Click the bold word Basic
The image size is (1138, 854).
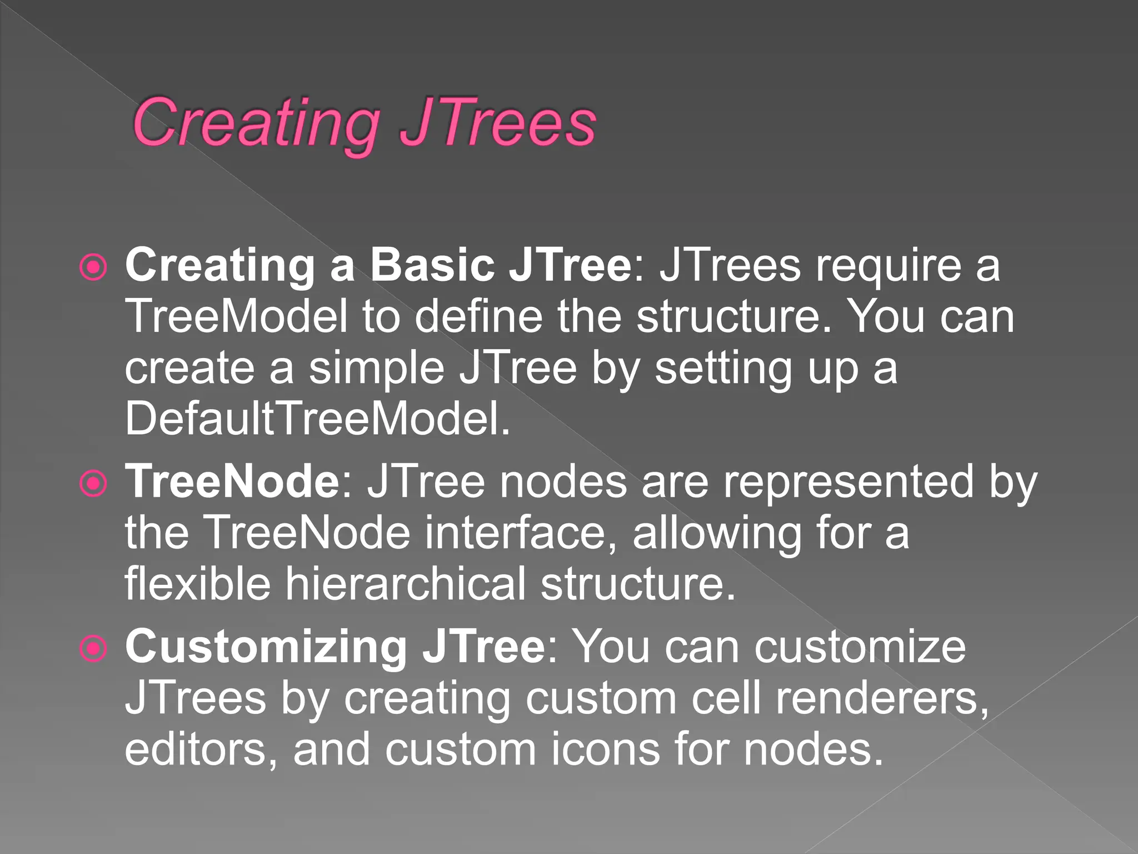point(432,265)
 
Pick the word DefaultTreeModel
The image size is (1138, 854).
point(317,419)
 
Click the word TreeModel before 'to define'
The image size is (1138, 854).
point(236,316)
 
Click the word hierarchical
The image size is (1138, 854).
point(405,584)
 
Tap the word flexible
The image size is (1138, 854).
point(197,584)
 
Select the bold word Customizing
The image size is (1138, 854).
point(266,647)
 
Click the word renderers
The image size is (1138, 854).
point(882,698)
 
